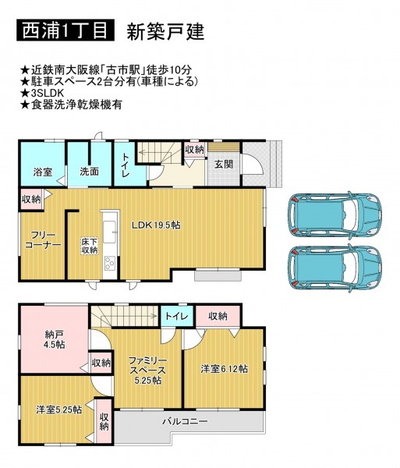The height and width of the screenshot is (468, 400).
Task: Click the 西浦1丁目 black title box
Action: [65, 30]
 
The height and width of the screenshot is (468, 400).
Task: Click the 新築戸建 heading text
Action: [165, 32]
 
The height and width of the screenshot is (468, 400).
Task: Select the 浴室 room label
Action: [43, 172]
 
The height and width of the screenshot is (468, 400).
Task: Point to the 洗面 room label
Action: [89, 172]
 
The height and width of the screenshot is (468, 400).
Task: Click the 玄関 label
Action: [224, 164]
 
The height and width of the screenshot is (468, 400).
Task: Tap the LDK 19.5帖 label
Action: [156, 225]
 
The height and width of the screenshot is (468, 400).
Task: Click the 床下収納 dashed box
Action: [90, 246]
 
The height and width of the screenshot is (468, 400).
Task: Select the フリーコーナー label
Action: [43, 239]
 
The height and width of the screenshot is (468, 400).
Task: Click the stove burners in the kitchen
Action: [109, 264]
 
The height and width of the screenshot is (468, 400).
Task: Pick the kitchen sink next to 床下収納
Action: [109, 232]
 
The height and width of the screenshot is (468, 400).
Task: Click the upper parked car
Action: [335, 214]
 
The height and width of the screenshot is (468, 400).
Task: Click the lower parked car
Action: [335, 268]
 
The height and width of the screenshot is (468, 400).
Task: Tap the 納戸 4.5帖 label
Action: [55, 339]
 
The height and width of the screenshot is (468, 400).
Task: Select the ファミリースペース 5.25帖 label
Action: [147, 370]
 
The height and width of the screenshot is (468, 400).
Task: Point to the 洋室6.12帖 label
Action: [224, 369]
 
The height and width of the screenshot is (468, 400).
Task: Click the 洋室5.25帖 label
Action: [58, 409]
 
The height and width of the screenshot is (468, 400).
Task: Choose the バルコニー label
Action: [185, 421]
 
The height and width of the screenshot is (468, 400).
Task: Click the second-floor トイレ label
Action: [176, 316]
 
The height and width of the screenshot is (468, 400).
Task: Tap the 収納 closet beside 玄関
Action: [194, 149]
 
